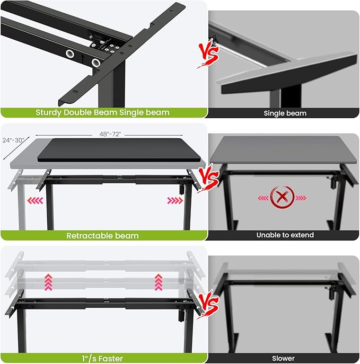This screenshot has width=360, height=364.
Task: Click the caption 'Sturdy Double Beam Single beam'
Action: [103, 112]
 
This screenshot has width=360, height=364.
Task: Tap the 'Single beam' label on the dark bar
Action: [285, 113]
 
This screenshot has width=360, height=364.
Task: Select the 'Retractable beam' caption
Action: [103, 235]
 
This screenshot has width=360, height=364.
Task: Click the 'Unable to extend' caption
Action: [285, 235]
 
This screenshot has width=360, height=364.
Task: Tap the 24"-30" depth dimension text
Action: [13, 140]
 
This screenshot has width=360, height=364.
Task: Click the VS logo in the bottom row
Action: [208, 303]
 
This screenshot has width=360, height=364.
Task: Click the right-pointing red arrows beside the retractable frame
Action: [174, 201]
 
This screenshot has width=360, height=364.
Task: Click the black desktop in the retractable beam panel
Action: [121, 150]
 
